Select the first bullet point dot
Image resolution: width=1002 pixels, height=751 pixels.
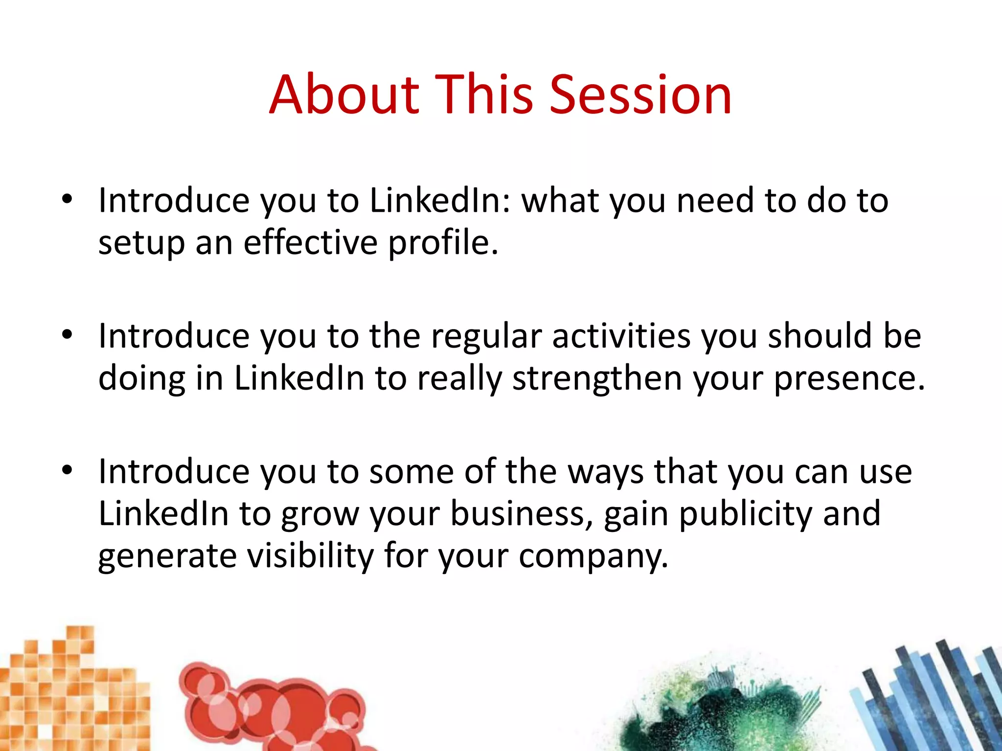(67, 199)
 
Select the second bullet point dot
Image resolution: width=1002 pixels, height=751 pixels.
(67, 335)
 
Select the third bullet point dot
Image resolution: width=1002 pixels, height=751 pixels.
(67, 470)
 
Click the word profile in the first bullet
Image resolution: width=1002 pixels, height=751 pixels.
(443, 243)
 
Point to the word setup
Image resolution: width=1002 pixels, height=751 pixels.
(141, 243)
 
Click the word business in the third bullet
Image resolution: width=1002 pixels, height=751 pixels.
(522, 514)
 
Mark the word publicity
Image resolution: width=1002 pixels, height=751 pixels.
(746, 515)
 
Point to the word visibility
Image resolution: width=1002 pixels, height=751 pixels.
(310, 556)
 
